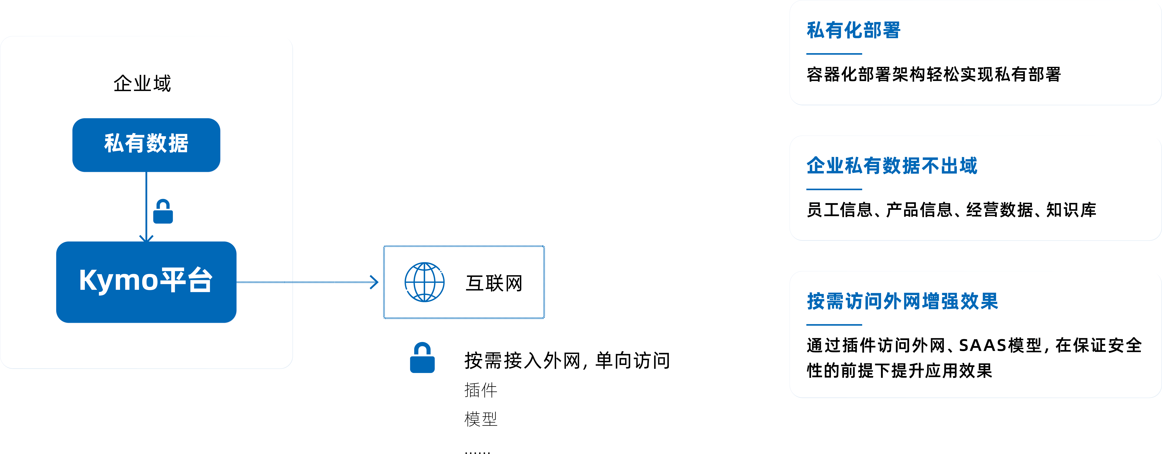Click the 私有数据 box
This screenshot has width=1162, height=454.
146,144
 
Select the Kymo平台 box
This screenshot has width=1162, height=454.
146,282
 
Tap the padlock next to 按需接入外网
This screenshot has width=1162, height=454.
422,358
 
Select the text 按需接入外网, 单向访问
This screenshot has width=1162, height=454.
567,361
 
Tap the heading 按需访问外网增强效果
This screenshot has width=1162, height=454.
902,301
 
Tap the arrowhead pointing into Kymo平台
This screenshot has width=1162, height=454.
146,238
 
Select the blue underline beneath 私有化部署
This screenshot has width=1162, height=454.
834,54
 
